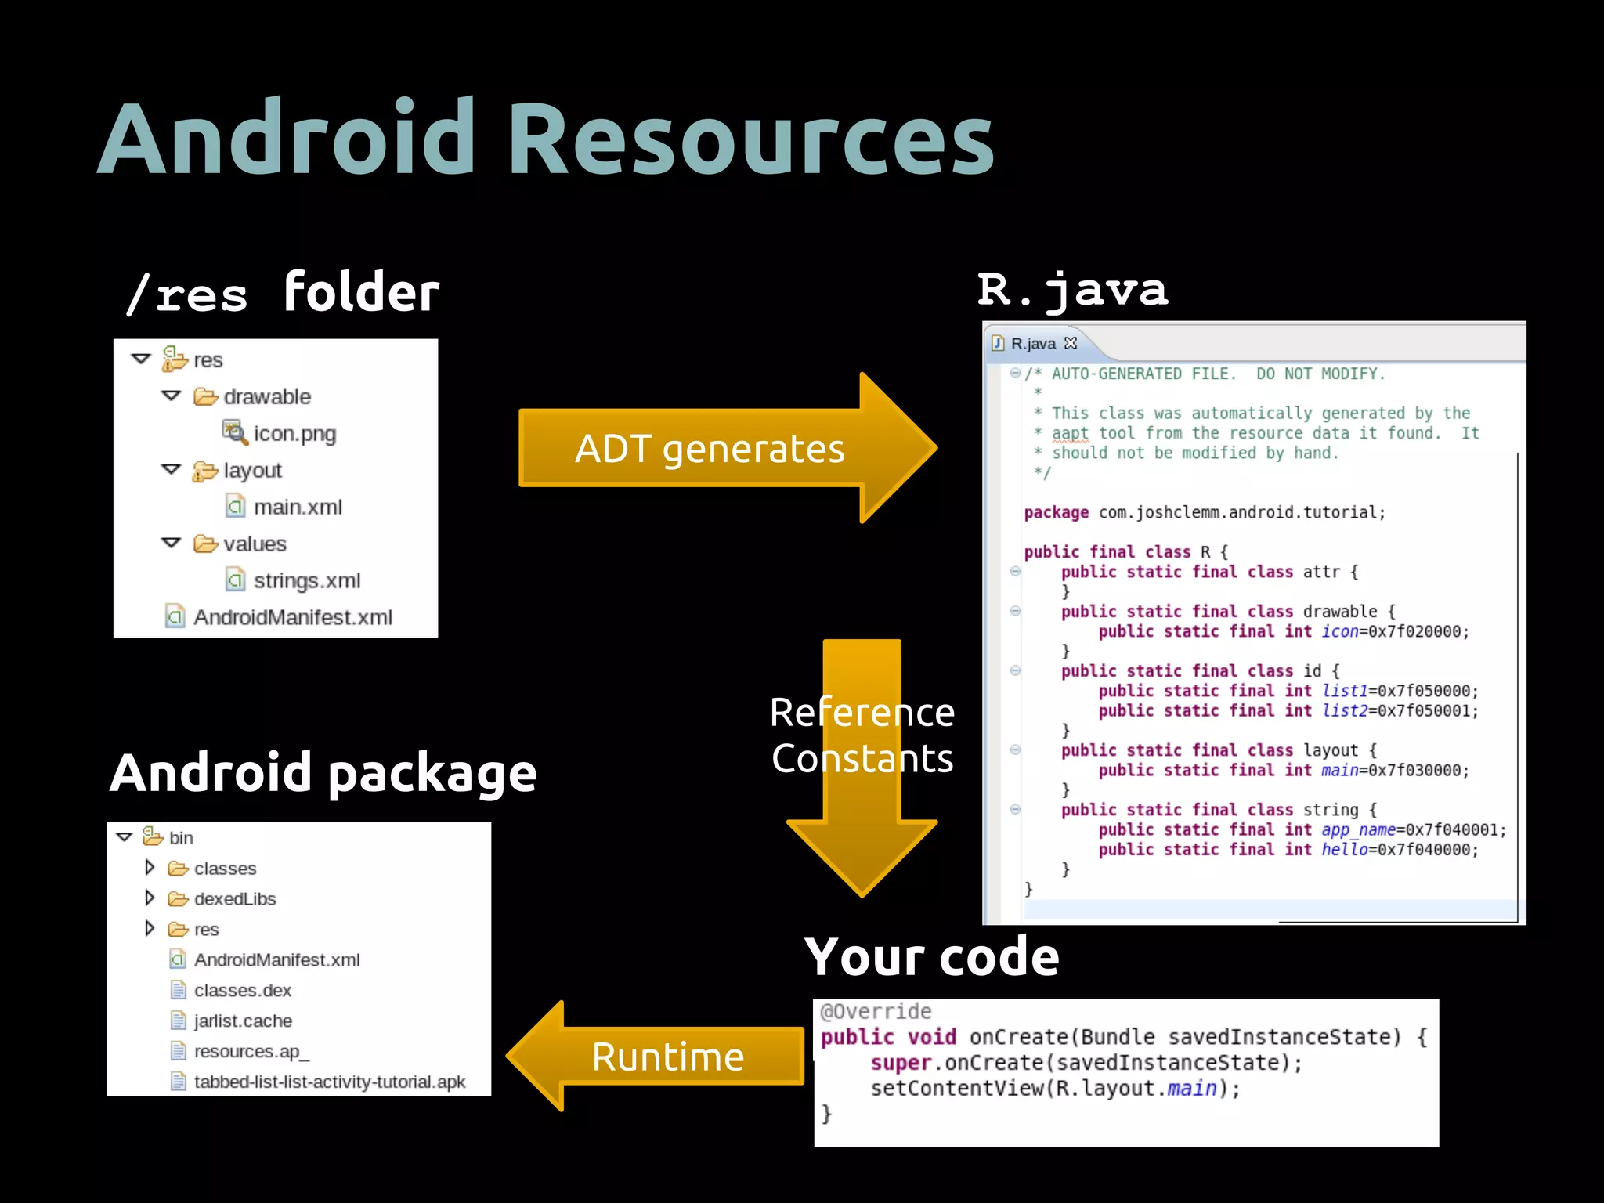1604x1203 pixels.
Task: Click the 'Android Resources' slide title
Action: (x=546, y=139)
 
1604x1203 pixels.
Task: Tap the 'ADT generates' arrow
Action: (x=710, y=449)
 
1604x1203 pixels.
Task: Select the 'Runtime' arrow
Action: (x=667, y=1057)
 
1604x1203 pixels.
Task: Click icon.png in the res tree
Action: (x=294, y=434)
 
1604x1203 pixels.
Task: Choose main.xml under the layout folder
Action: (x=298, y=508)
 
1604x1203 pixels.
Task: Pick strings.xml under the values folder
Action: (x=306, y=581)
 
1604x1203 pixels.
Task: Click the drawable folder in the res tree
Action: (x=266, y=397)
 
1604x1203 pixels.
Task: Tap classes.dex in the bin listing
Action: (x=242, y=991)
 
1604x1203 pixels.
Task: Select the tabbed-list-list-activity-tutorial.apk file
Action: (x=329, y=1082)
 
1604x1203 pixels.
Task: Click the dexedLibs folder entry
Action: (x=234, y=899)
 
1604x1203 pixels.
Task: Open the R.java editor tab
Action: (x=1033, y=344)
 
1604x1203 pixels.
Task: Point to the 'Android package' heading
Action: (x=323, y=774)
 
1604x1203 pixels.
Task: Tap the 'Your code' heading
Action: (x=931, y=957)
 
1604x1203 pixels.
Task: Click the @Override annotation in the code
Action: (x=876, y=1012)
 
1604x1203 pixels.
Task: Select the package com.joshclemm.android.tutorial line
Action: (x=1205, y=513)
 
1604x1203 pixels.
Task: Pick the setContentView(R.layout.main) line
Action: (x=1055, y=1089)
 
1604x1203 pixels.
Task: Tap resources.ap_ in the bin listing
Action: (x=251, y=1052)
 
